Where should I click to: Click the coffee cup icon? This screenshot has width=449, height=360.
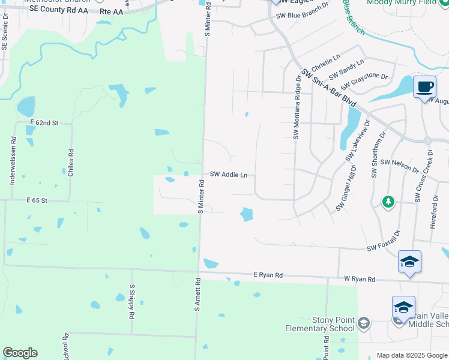pyautogui.click(x=425, y=87)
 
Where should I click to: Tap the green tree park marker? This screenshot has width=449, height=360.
pyautogui.click(x=388, y=202)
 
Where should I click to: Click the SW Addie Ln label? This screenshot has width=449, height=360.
pyautogui.click(x=229, y=175)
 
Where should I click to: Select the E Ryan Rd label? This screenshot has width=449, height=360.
pyautogui.click(x=268, y=275)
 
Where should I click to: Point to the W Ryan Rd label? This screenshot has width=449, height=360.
pyautogui.click(x=360, y=279)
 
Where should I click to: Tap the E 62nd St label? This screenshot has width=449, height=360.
pyautogui.click(x=44, y=122)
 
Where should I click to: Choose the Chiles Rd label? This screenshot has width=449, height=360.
pyautogui.click(x=71, y=160)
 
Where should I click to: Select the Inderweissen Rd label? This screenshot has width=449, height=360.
pyautogui.click(x=13, y=164)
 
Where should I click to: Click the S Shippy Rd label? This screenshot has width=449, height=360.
pyautogui.click(x=131, y=302)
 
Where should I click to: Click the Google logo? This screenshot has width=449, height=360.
pyautogui.click(x=20, y=353)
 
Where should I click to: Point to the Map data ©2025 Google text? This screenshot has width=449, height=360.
pyautogui.click(x=412, y=355)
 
